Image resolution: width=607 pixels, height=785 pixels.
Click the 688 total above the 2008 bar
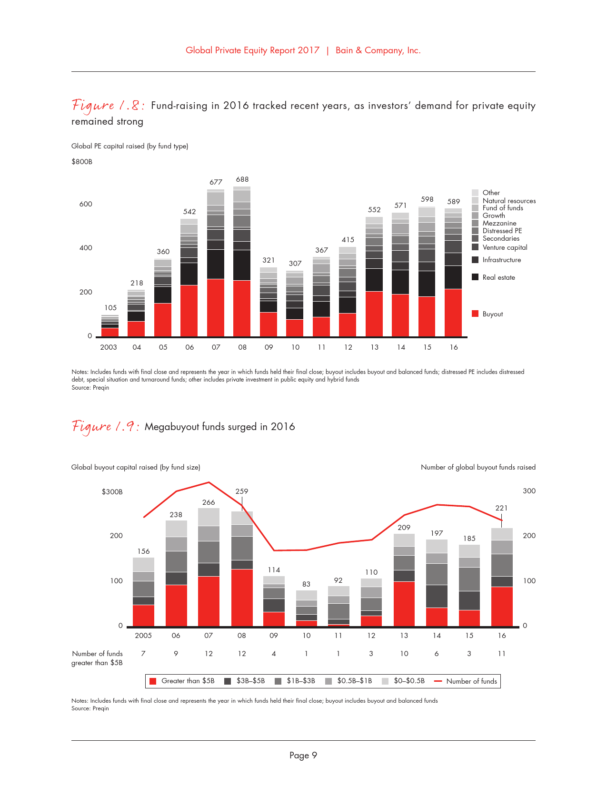coord(242,179)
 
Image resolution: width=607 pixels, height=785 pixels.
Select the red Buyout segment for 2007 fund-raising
coord(216,307)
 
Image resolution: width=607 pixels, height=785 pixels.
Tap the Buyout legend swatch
coord(475,314)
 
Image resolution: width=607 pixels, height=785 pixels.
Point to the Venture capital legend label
coord(505,247)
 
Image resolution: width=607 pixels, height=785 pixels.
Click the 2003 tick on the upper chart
coord(109,347)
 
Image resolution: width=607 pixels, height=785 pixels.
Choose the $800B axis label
coord(82,162)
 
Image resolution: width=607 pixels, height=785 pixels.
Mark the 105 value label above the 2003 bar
coord(110,308)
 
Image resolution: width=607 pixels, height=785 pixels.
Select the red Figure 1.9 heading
coord(106,427)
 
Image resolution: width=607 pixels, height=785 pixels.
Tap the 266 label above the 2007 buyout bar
coord(209,502)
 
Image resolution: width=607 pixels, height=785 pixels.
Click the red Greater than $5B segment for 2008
coord(242,598)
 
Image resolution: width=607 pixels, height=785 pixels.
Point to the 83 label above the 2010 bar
coord(306,584)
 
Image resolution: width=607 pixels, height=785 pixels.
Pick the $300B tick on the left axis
coord(112,492)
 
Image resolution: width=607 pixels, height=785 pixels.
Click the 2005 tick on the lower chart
coord(143,636)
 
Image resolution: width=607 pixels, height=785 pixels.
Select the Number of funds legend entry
coord(466,681)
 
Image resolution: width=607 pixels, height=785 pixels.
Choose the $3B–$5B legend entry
coord(245,681)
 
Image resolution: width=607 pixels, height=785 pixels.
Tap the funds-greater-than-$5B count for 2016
coord(502,654)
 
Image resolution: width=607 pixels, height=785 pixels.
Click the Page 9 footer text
coord(303,756)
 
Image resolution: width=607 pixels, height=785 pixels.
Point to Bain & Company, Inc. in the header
coord(378,50)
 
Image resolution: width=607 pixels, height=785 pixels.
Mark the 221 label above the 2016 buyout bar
coord(501,508)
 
